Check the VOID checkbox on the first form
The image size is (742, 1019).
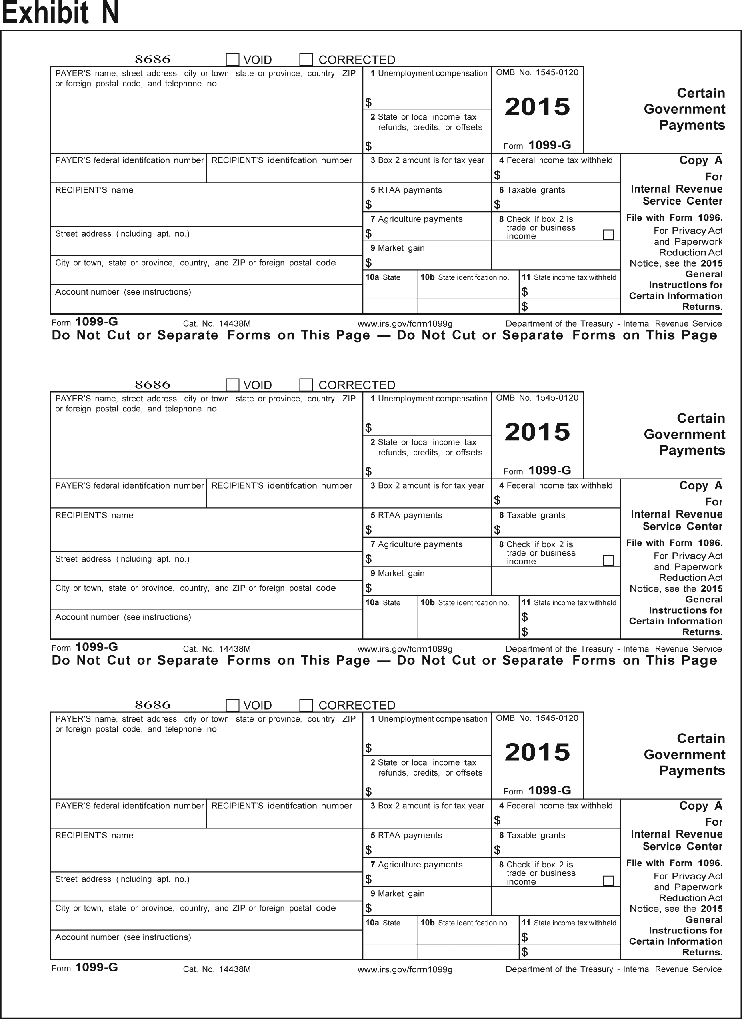click(x=232, y=59)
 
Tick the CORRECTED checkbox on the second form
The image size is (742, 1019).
click(x=306, y=385)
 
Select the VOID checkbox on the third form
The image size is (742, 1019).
click(x=232, y=705)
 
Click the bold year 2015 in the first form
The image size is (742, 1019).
click(x=537, y=107)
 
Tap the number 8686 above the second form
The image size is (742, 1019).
click(x=153, y=385)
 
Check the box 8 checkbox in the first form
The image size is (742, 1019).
click(x=608, y=235)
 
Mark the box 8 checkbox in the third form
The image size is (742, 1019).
click(x=608, y=880)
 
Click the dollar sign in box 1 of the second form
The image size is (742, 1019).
click(x=368, y=428)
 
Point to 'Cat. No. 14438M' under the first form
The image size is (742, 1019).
click(x=217, y=323)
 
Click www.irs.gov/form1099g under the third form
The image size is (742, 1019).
click(x=405, y=969)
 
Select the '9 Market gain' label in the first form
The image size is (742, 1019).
click(x=398, y=248)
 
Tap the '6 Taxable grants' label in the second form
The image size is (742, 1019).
click(x=532, y=515)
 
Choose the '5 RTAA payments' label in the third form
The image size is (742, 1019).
click(x=406, y=835)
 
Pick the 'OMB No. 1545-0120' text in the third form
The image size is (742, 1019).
click(x=537, y=718)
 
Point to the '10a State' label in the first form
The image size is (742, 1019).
click(x=383, y=277)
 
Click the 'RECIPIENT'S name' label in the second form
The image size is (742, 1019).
click(x=94, y=515)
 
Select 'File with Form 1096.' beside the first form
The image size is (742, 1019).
click(x=674, y=218)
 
